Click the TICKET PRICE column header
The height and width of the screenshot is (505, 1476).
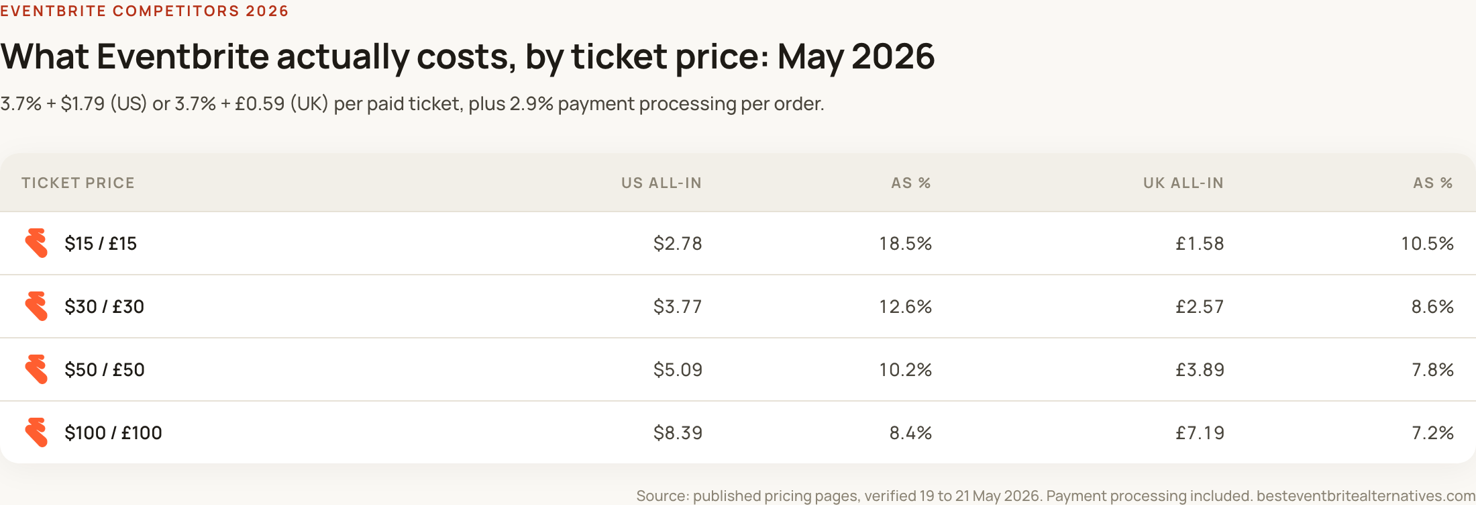[x=78, y=183]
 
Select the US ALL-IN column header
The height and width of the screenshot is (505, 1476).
[x=662, y=183]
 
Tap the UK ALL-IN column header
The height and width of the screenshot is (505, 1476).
[x=1183, y=183]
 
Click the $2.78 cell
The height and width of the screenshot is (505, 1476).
[x=678, y=243]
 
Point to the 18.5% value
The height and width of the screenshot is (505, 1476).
[x=906, y=243]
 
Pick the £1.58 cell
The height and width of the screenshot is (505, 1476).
[x=1200, y=243]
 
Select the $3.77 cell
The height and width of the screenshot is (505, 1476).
[x=678, y=306]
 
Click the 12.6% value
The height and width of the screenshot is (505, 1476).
[x=906, y=306]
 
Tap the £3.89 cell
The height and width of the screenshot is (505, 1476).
[x=1200, y=369]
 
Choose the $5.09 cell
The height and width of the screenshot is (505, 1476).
[x=678, y=369]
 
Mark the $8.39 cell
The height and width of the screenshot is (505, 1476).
[x=678, y=432]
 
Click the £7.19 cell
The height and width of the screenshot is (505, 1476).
[x=1200, y=432]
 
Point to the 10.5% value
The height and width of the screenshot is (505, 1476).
[x=1428, y=243]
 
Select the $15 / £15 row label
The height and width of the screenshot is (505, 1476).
[x=101, y=243]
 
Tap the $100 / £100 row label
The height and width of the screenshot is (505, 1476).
[x=113, y=432]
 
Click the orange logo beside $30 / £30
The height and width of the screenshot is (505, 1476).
[x=36, y=306]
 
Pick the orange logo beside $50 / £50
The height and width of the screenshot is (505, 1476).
[x=36, y=369]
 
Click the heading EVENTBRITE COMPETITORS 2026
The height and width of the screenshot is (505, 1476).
[x=144, y=11]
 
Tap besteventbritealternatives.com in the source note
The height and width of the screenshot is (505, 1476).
[x=1366, y=496]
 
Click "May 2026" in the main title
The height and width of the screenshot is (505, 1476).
[x=856, y=56]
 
